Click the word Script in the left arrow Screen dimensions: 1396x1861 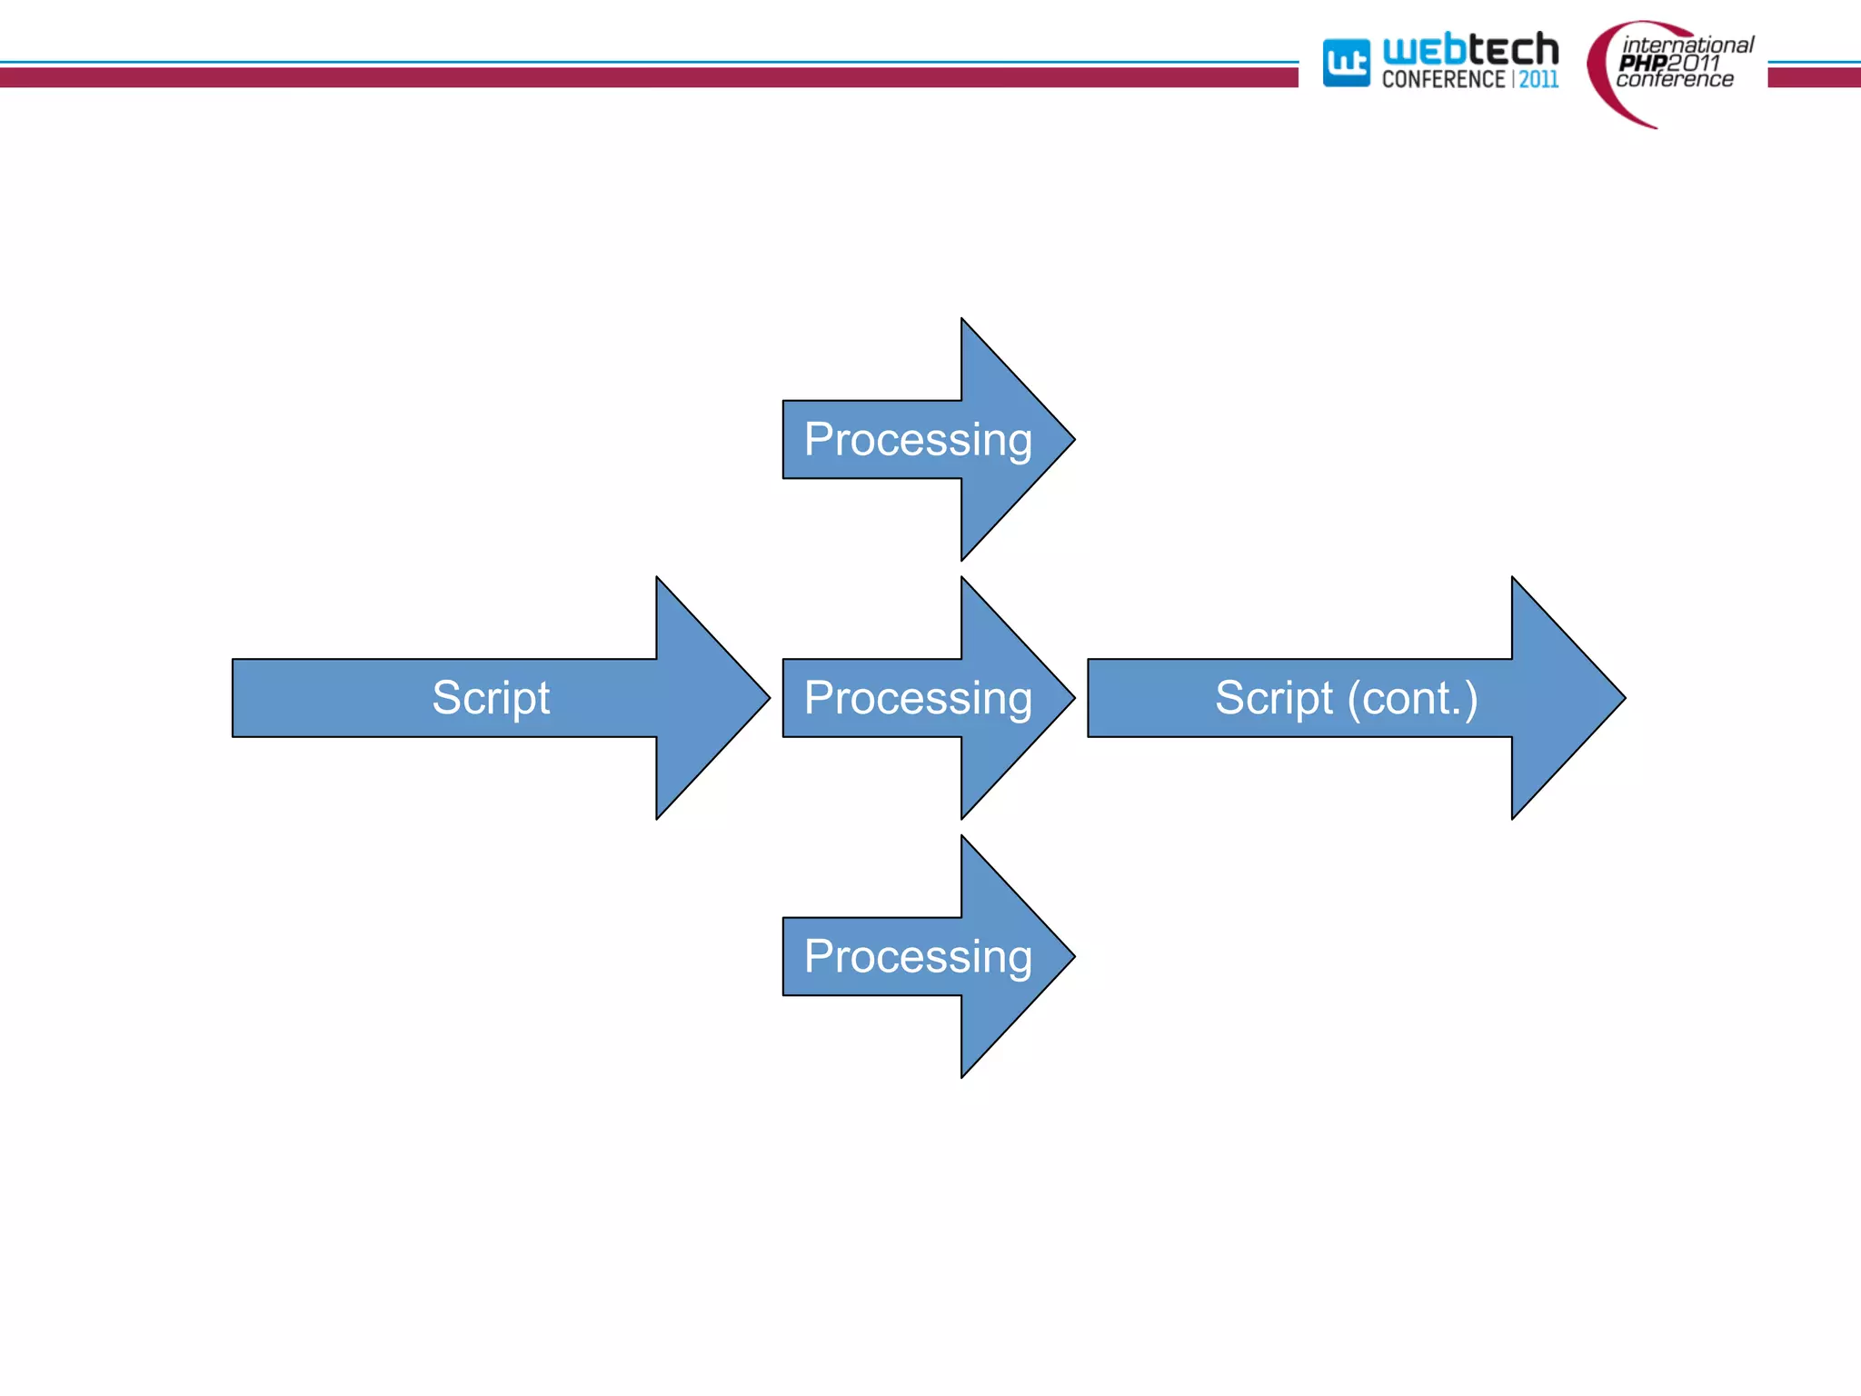(491, 698)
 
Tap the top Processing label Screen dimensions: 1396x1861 (918, 440)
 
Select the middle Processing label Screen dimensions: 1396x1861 (918, 698)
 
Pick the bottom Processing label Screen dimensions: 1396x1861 (918, 957)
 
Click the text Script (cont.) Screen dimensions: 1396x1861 (1346, 698)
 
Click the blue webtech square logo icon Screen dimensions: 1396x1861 (1346, 63)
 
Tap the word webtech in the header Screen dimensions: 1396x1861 (1469, 49)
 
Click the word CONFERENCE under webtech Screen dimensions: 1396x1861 (1443, 80)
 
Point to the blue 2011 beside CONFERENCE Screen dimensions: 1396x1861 (1538, 80)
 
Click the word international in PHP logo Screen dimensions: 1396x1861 (1688, 45)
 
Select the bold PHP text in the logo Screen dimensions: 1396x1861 (1642, 63)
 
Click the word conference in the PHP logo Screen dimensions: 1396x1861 (1675, 80)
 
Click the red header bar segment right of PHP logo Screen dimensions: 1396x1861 (1814, 77)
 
